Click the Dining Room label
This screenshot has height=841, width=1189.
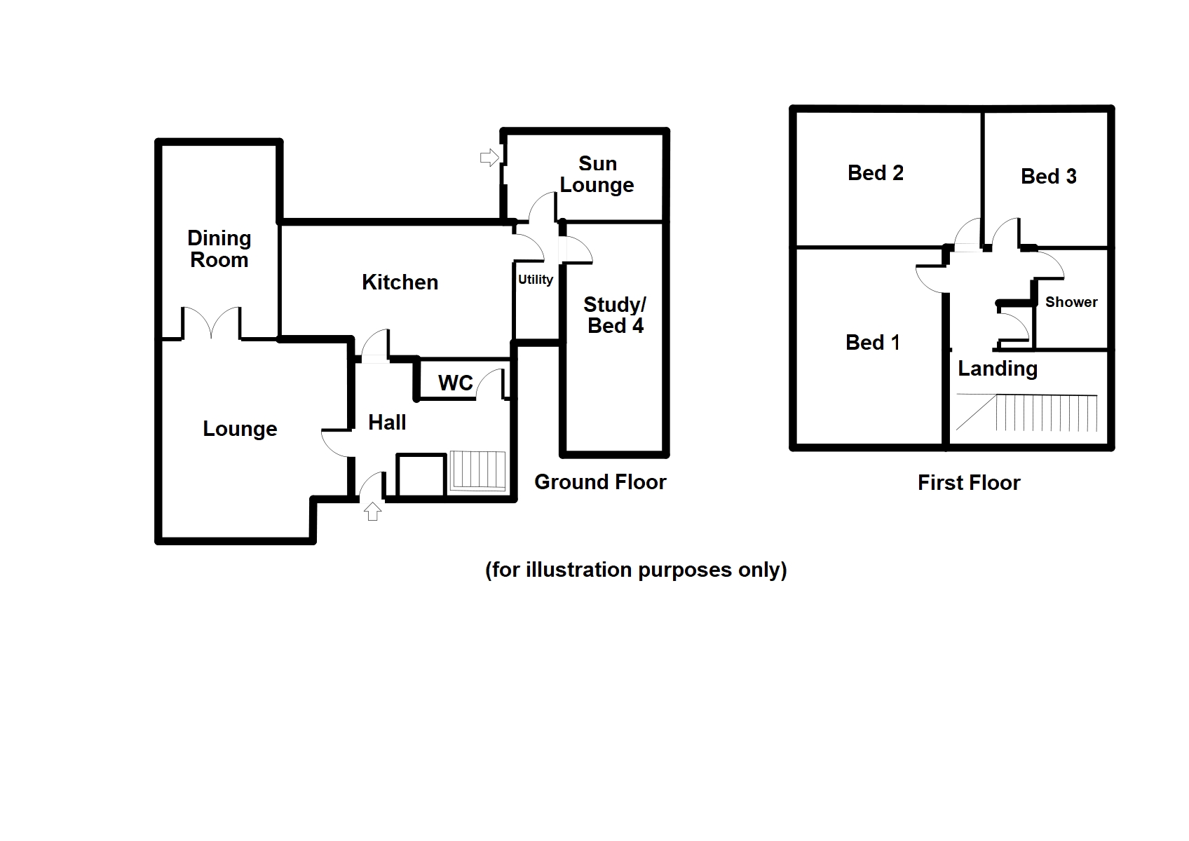(219, 249)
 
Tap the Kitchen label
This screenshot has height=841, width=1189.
(400, 282)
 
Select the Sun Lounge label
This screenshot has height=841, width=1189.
(597, 174)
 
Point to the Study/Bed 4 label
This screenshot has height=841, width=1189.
(615, 315)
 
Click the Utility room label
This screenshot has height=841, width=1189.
(536, 280)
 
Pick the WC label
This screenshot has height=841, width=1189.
(456, 383)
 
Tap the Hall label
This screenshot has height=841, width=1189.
(387, 422)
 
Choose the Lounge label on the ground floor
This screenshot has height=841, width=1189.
(240, 428)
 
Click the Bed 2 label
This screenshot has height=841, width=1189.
(875, 172)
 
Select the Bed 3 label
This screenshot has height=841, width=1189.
(1048, 176)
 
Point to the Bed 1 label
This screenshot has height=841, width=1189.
(873, 342)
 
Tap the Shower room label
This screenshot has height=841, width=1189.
(1071, 302)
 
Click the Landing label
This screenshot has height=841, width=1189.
(998, 368)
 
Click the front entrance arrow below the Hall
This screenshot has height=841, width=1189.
(373, 512)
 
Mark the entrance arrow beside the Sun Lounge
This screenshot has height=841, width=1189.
(489, 158)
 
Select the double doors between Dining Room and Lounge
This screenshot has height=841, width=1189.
(212, 324)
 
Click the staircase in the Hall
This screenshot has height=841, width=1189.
(477, 470)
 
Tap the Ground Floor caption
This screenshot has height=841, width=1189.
(600, 481)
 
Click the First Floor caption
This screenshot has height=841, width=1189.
(969, 482)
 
